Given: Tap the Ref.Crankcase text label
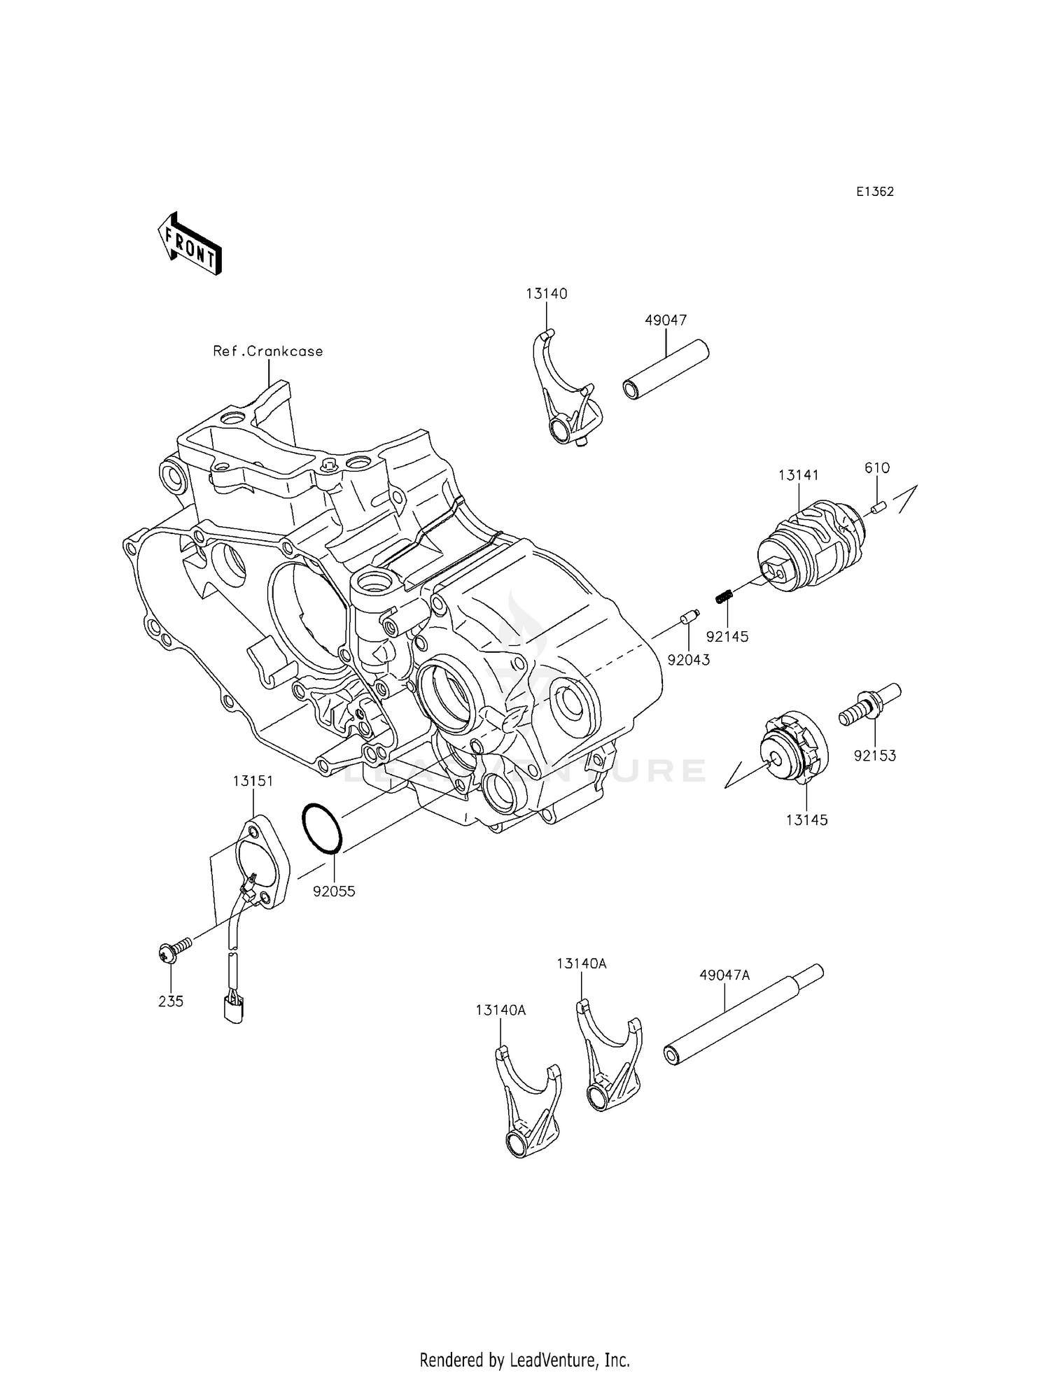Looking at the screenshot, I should point(268,351).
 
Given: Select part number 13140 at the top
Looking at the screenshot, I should point(547,294).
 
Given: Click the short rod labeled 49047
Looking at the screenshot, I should point(666,369).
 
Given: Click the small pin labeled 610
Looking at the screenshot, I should point(879,505).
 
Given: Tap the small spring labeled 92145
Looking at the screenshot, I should point(724,597).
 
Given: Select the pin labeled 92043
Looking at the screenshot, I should point(687,619).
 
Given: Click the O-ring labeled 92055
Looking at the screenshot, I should point(322,828).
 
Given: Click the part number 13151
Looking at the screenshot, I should point(253,781).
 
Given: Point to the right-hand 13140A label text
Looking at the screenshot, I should point(582,964).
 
